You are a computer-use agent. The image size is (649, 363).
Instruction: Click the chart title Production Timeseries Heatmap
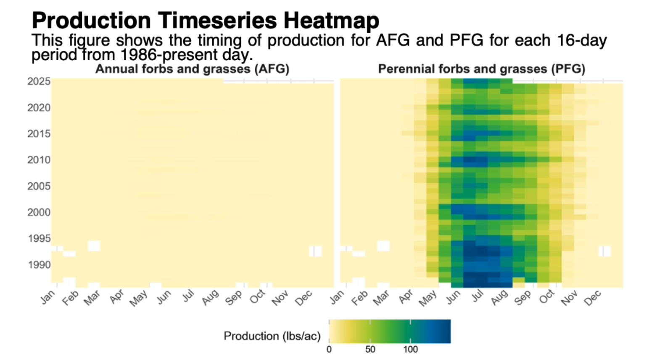point(205,20)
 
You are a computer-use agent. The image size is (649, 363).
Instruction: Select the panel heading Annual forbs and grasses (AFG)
point(192,69)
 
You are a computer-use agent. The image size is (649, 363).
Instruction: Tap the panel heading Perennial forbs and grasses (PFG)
point(481,69)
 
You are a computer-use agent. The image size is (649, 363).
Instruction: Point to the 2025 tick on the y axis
point(39,82)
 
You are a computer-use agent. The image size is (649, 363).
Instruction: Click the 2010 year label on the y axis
point(39,160)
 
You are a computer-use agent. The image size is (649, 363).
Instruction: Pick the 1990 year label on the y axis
point(39,265)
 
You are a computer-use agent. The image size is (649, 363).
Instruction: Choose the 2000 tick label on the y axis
point(39,212)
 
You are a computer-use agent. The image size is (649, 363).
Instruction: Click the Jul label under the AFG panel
point(188,296)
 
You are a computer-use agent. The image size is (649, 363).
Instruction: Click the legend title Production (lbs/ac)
point(272,336)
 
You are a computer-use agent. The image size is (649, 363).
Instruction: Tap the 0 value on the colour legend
point(329,350)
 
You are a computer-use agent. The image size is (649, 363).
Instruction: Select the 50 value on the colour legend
point(370,350)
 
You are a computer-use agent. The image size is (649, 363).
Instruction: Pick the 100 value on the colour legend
point(411,350)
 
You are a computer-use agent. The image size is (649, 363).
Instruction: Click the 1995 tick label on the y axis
point(39,239)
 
